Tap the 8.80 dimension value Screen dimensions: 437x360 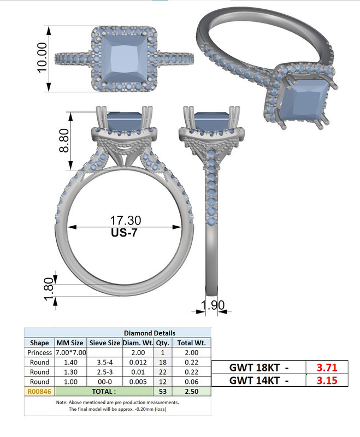[x=64, y=141]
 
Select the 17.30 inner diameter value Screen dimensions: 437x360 [x=126, y=220]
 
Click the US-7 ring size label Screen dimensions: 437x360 [x=126, y=232]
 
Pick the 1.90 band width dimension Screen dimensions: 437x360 [x=214, y=305]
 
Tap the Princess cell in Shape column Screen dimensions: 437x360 [x=39, y=352]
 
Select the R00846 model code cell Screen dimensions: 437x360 [x=39, y=392]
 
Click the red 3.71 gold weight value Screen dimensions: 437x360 [x=327, y=367]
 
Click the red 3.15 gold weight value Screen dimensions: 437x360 [x=327, y=380]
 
